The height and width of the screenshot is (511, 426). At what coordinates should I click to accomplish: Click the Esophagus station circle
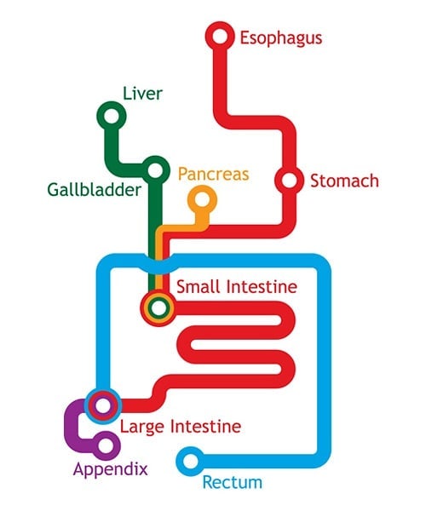(220, 36)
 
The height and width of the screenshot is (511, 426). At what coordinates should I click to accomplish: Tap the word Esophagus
(280, 37)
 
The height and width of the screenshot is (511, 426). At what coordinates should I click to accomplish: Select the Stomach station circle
(289, 181)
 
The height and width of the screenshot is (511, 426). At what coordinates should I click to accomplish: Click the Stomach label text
(343, 181)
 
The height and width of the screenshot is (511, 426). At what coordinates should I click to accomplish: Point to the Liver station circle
(110, 116)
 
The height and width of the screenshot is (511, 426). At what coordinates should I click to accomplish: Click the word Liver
(142, 92)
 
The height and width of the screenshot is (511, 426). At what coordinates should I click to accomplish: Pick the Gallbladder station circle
(155, 170)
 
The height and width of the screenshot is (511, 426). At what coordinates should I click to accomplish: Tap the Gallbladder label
(93, 191)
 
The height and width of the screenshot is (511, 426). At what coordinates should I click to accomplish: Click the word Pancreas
(213, 174)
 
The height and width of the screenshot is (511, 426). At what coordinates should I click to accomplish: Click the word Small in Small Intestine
(197, 286)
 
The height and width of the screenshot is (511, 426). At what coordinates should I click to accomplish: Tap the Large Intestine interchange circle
(101, 405)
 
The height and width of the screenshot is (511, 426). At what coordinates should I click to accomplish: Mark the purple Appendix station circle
(106, 445)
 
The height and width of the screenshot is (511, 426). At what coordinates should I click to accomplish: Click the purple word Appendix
(110, 469)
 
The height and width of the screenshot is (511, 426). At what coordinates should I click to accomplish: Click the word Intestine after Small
(259, 286)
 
